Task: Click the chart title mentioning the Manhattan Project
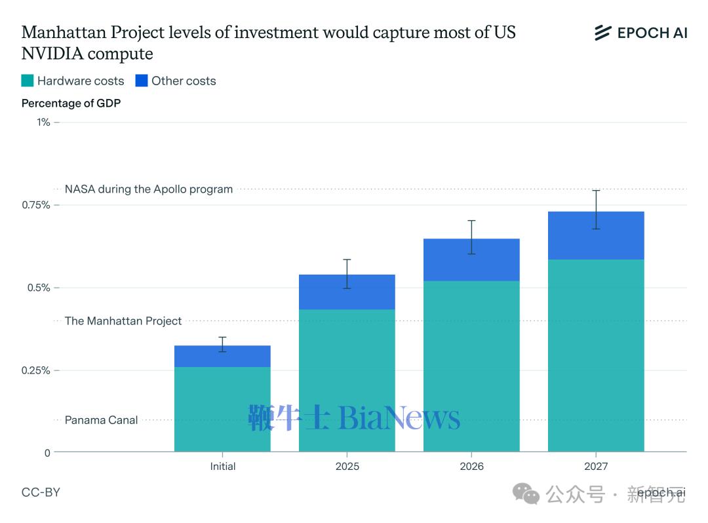pyautogui.click(x=269, y=43)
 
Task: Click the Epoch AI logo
pyautogui.click(x=640, y=33)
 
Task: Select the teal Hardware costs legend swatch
pyautogui.click(x=28, y=81)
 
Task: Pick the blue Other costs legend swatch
pyautogui.click(x=142, y=81)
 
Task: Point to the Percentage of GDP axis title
pyautogui.click(x=71, y=103)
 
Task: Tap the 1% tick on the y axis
pyautogui.click(x=43, y=122)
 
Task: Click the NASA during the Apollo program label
pyautogui.click(x=149, y=189)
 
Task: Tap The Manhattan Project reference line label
pyautogui.click(x=123, y=321)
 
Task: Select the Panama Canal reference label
pyautogui.click(x=101, y=420)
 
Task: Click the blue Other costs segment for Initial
pyautogui.click(x=222, y=357)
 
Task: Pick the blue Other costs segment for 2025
pyautogui.click(x=347, y=292)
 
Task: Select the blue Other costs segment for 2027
pyautogui.click(x=596, y=236)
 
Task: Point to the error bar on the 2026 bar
pyautogui.click(x=471, y=237)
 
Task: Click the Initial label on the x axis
pyautogui.click(x=223, y=467)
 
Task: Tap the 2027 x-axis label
pyautogui.click(x=596, y=467)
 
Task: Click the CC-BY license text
pyautogui.click(x=41, y=492)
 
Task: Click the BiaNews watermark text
pyautogui.click(x=399, y=418)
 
